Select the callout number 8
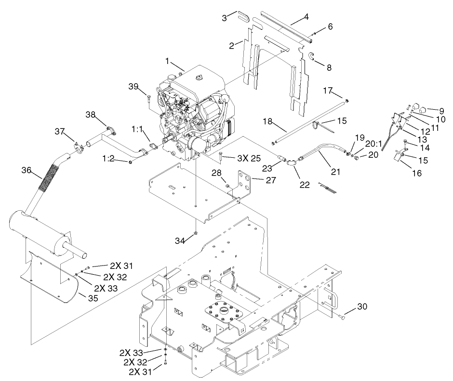tap(329, 67)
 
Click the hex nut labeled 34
tap(196, 234)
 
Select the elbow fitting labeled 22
tap(292, 162)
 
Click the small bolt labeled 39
tap(149, 99)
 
